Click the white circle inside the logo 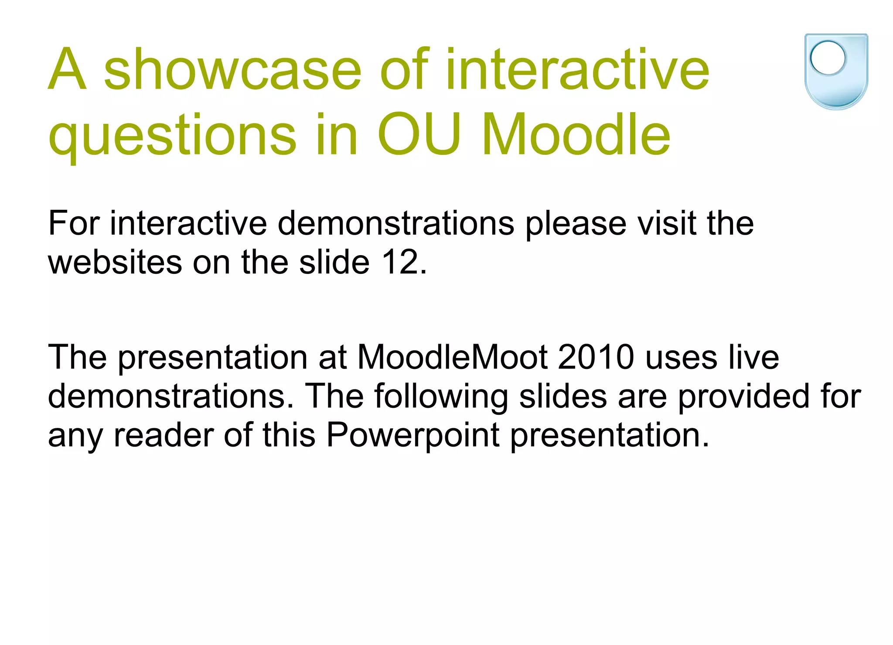828,58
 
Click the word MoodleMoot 452,357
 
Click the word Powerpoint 412,435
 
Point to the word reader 164,435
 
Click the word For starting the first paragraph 74,223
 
